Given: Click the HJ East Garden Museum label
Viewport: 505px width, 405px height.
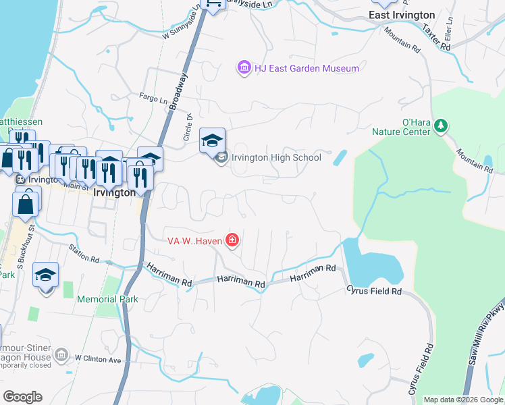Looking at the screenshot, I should click(x=297, y=68).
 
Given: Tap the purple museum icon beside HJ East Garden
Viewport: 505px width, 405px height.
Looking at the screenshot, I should click(x=243, y=67).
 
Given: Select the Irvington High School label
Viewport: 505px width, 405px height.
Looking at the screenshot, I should click(x=276, y=158).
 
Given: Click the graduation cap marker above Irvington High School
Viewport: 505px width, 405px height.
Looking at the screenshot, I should click(x=212, y=141).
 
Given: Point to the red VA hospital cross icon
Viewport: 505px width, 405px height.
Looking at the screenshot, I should click(x=232, y=240).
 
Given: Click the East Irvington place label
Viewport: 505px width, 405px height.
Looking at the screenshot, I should click(x=402, y=14).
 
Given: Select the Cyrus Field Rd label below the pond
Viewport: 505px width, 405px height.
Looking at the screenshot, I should click(x=374, y=291).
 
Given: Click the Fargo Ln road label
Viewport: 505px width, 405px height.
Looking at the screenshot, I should click(x=153, y=99).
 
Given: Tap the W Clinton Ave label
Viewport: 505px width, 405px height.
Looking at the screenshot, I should click(x=98, y=359).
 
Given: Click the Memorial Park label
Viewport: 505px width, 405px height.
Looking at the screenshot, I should click(x=107, y=299).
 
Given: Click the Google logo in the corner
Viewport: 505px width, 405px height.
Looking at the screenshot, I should click(x=22, y=397).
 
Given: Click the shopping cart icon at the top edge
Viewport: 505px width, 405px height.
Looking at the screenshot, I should click(x=213, y=5).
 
